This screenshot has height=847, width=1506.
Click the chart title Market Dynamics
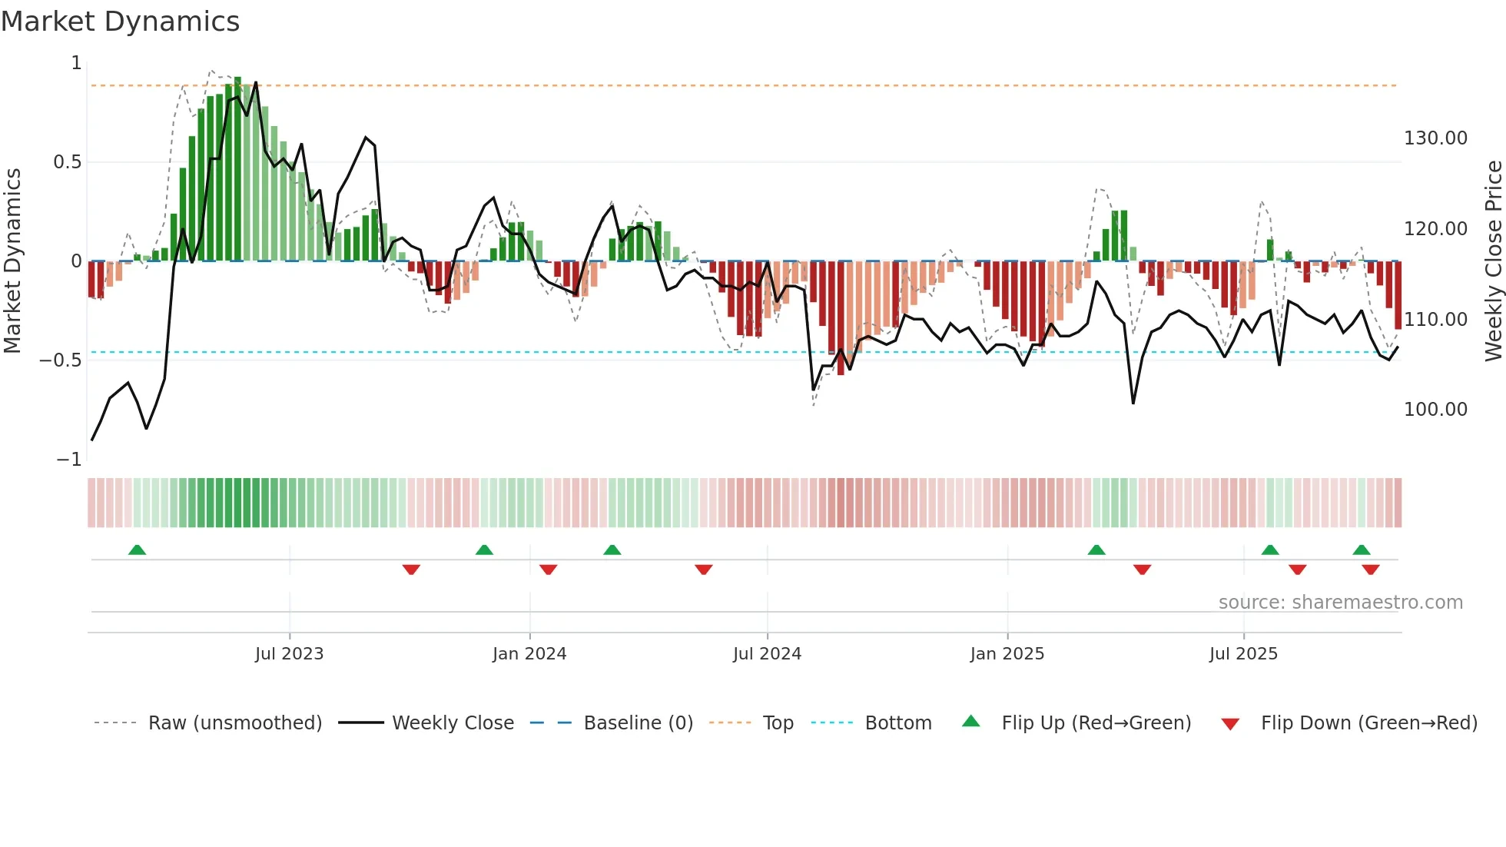click(120, 22)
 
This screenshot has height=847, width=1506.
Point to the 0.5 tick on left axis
click(67, 162)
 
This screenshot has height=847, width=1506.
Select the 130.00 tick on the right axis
click(1435, 138)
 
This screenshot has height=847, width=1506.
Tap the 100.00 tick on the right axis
click(1435, 410)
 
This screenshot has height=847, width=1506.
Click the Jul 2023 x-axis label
click(289, 654)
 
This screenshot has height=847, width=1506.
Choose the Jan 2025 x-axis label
click(1007, 654)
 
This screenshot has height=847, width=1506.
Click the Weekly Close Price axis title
click(1493, 261)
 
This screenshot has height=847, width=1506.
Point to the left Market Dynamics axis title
click(12, 261)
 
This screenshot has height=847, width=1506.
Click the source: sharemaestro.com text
click(1340, 603)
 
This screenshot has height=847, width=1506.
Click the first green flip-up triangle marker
click(137, 550)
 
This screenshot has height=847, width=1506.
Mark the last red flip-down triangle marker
click(1370, 570)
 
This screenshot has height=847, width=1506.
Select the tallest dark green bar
click(237, 169)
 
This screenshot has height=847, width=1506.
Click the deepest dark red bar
click(841, 318)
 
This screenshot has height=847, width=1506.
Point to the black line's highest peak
click(256, 83)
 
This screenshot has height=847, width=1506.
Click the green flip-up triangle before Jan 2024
click(484, 550)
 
